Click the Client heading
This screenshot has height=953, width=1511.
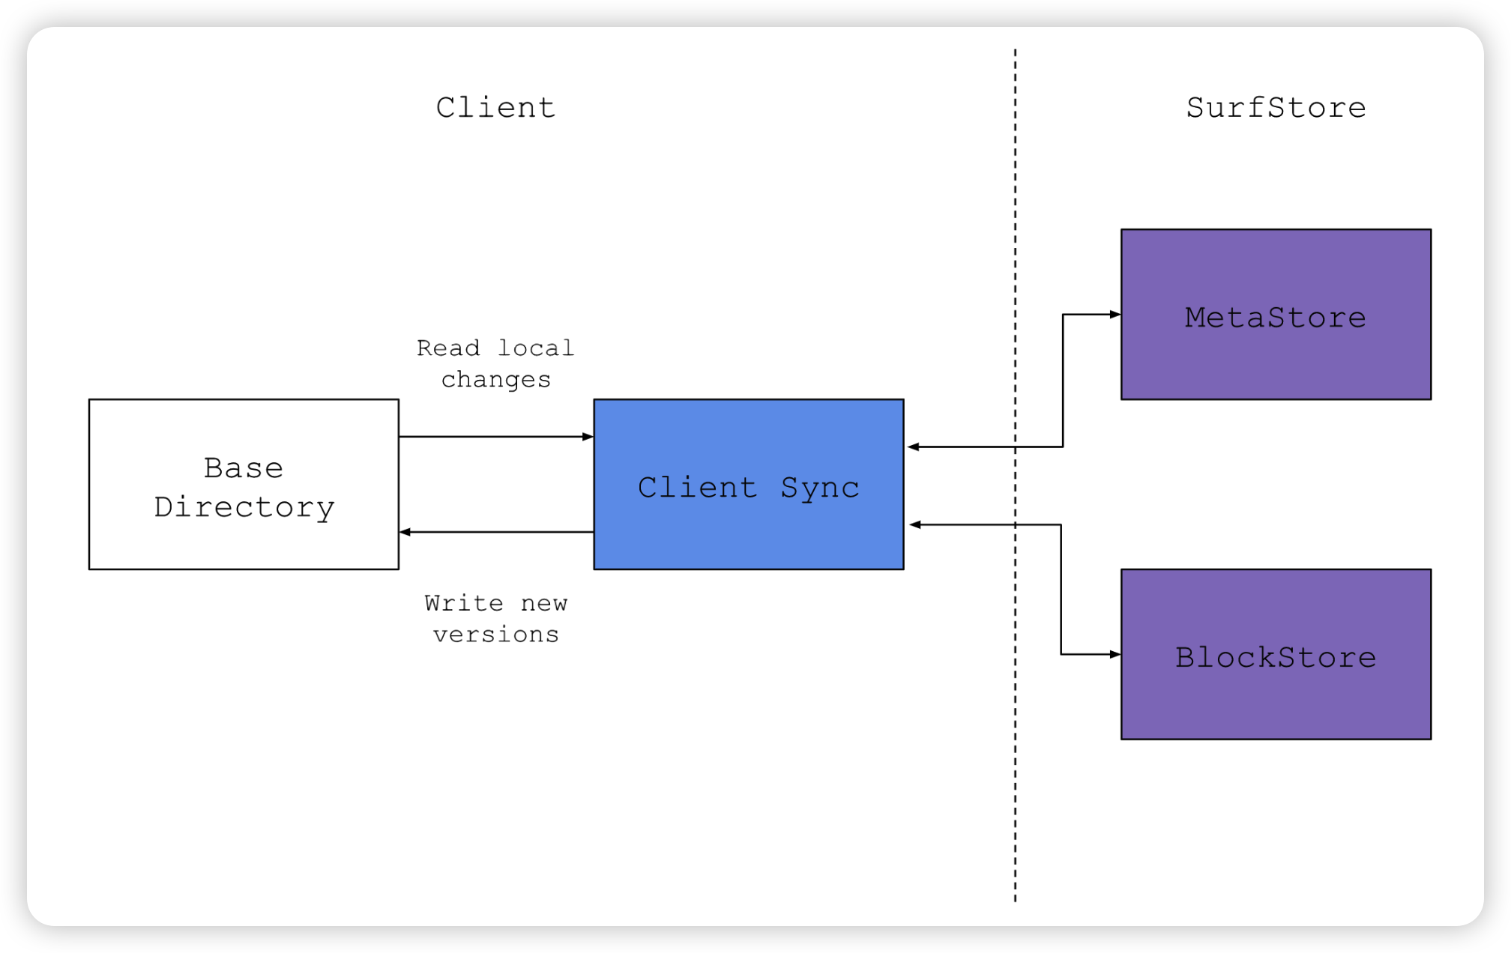point(495,108)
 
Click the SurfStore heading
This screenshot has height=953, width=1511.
point(1276,108)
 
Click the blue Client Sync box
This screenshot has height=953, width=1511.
point(748,524)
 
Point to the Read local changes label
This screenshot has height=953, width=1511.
point(495,363)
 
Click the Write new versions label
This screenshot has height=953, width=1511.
point(495,619)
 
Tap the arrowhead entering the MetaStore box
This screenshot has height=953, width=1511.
point(1115,315)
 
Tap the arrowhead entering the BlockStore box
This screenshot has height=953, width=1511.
point(1115,654)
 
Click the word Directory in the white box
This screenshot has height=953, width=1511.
point(244,508)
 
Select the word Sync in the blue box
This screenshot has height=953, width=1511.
point(819,488)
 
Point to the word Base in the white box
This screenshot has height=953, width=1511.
point(244,468)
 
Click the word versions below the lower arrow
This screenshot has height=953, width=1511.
point(495,635)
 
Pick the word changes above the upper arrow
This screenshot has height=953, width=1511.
point(495,380)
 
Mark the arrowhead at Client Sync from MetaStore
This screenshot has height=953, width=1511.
point(913,447)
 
